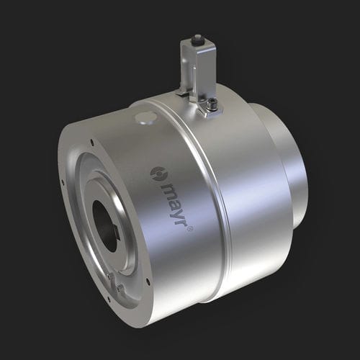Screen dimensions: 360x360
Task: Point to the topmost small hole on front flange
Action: pos(91,142)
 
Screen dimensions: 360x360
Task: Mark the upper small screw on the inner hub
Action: pos(109,275)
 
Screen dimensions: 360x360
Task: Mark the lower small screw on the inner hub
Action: pos(120,288)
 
